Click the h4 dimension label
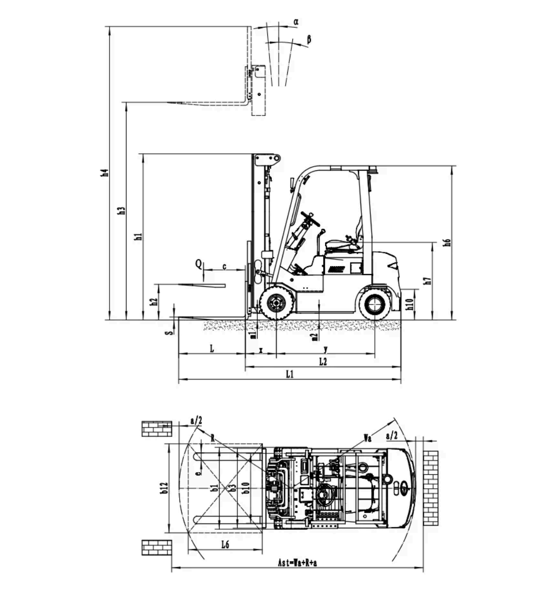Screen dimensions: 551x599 click(104, 173)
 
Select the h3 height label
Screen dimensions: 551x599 click(121, 210)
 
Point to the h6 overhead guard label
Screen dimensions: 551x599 click(447, 242)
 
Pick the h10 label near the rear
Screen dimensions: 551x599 click(410, 304)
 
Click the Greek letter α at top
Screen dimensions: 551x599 click(295, 22)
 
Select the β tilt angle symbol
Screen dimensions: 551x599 click(309, 39)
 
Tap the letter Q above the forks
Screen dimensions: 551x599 click(199, 264)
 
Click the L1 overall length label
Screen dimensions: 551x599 click(290, 374)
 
